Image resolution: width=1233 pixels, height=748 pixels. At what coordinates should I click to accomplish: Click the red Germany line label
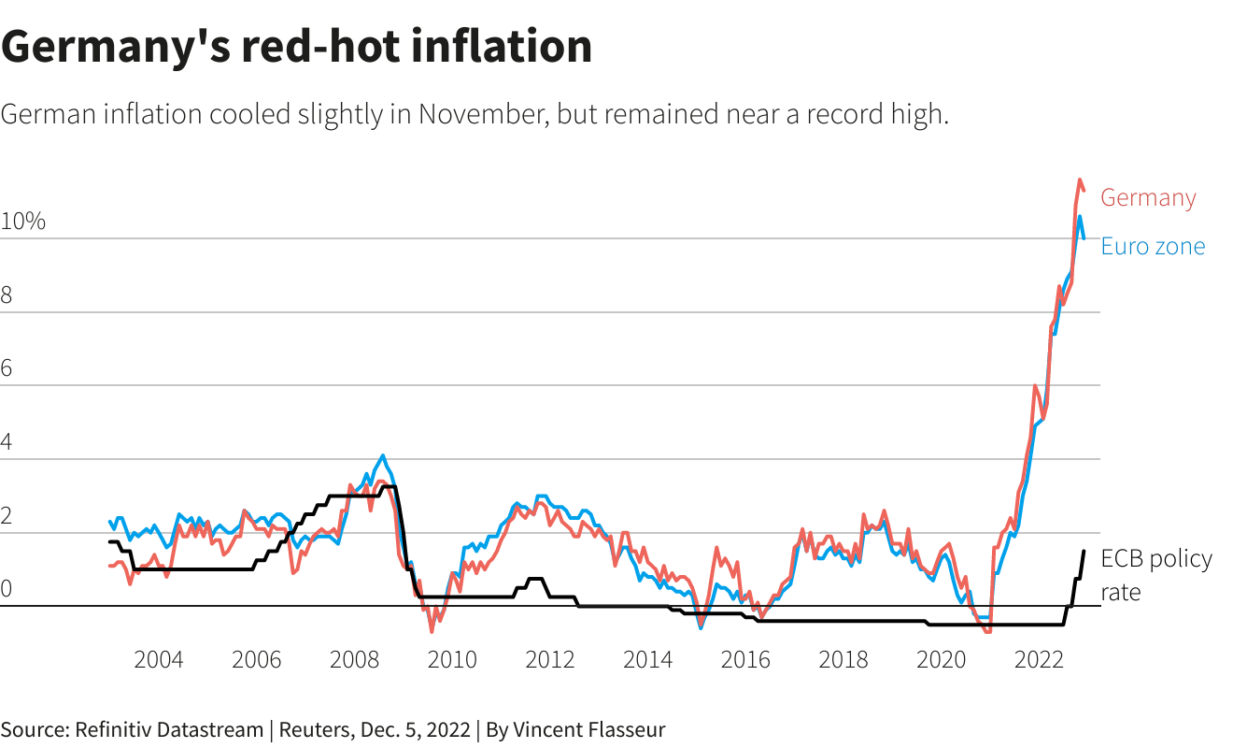(1147, 198)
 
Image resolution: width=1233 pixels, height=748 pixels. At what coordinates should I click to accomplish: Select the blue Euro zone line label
(1153, 246)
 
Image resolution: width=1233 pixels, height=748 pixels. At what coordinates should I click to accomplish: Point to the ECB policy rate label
(1155, 574)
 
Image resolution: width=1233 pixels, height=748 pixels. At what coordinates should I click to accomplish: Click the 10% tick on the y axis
(23, 223)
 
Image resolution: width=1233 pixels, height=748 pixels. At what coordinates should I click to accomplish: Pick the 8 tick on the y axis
(7, 296)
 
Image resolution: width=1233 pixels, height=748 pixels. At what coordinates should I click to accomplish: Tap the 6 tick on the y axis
(7, 369)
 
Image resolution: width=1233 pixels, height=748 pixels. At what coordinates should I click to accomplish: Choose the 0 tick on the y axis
(7, 590)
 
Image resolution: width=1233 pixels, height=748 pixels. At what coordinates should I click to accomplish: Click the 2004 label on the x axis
(159, 660)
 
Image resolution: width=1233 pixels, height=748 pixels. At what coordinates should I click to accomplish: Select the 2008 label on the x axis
(354, 660)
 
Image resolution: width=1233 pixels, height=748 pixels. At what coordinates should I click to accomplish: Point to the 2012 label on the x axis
(550, 660)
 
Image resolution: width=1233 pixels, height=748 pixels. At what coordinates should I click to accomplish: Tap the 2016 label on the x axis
(745, 660)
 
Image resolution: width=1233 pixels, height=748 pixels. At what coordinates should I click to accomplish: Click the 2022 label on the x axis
(1039, 660)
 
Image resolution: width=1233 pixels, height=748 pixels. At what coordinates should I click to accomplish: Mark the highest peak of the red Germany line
(1080, 180)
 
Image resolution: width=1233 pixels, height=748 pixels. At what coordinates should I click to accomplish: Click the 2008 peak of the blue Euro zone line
(382, 455)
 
